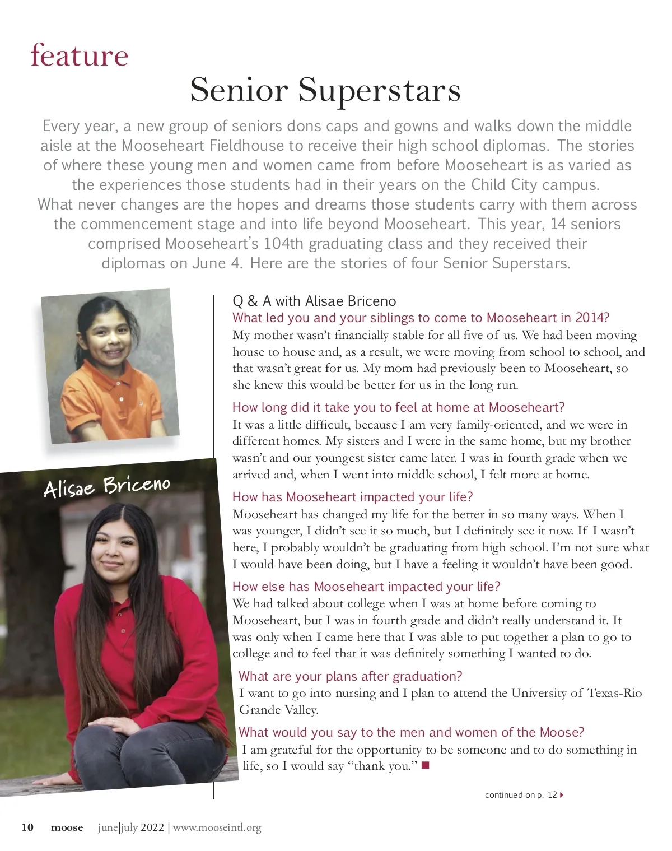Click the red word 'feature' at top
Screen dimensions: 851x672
pyautogui.click(x=80, y=55)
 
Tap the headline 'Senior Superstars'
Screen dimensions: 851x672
pyautogui.click(x=325, y=90)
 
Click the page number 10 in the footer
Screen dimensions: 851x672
pyautogui.click(x=27, y=827)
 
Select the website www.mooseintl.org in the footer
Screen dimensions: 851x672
pyautogui.click(x=217, y=827)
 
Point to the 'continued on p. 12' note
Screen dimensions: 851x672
pyautogui.click(x=520, y=794)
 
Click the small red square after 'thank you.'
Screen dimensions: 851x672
pyautogui.click(x=425, y=765)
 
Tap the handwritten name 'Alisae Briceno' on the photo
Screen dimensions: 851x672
pyautogui.click(x=107, y=486)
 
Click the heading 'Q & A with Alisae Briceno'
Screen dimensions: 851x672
pyautogui.click(x=314, y=301)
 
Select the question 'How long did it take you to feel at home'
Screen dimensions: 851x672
pyautogui.click(x=398, y=407)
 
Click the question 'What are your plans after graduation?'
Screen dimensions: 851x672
pyautogui.click(x=350, y=676)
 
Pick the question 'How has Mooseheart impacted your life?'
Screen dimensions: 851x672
pyautogui.click(x=352, y=497)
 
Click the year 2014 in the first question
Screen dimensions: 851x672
pyautogui.click(x=589, y=318)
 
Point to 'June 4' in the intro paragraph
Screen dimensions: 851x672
pyautogui.click(x=217, y=263)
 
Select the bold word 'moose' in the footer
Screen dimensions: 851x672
pyautogui.click(x=67, y=827)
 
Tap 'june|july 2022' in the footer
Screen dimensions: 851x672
pyautogui.click(x=131, y=827)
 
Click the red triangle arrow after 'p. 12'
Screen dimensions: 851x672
pyautogui.click(x=562, y=794)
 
